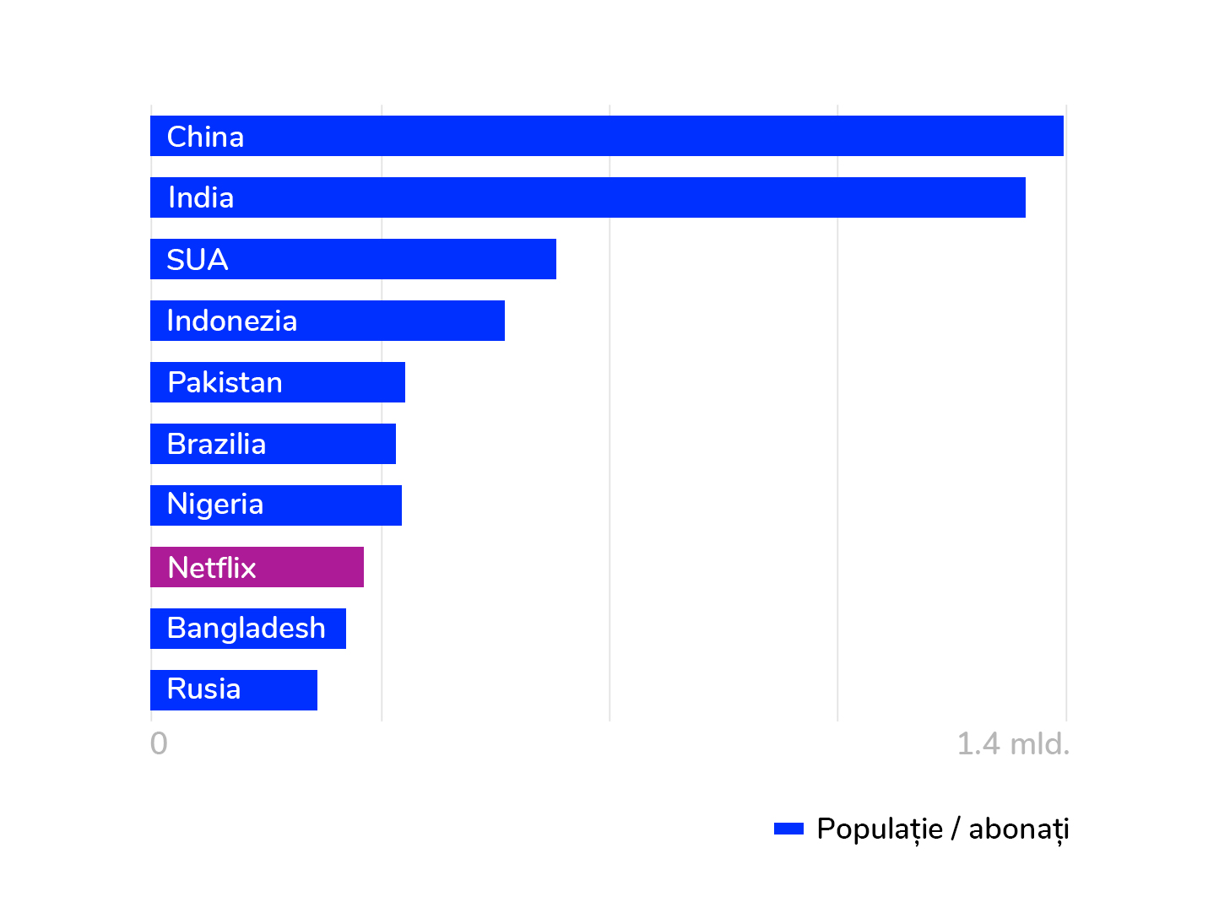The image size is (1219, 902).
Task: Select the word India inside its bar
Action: pos(201,197)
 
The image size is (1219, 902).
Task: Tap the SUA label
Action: pos(198,259)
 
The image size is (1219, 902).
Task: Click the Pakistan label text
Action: pos(225,382)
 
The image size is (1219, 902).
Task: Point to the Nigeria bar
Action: pos(338,505)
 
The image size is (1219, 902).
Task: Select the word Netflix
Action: pos(212,567)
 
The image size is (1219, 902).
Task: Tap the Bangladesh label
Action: pos(246,629)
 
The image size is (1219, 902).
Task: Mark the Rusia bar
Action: pos(279,690)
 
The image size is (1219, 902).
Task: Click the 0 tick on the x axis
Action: pos(159,743)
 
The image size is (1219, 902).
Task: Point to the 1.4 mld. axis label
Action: pos(1012,743)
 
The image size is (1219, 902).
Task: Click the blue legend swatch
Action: pos(788,829)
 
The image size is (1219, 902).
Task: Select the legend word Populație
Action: pos(879,829)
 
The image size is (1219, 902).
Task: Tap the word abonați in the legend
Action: pos(1018,829)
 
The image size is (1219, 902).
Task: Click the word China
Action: pos(205,137)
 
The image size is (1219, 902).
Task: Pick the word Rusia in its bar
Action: pos(203,689)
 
